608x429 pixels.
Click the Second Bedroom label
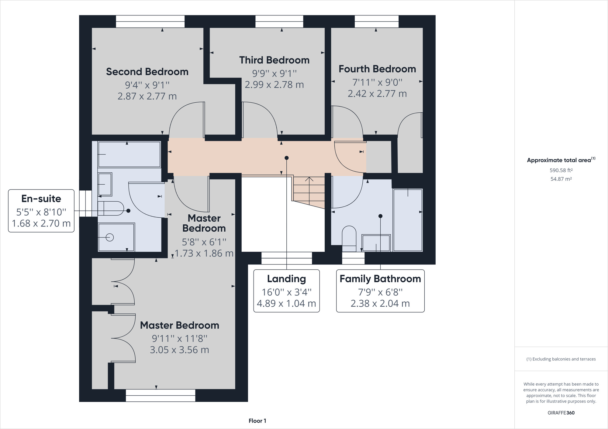147,72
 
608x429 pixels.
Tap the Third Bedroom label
274,60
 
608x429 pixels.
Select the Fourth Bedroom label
377,69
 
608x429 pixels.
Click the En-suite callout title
41,199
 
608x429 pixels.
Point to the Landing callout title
286,279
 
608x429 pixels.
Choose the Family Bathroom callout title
380,279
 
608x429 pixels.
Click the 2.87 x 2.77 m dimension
147,96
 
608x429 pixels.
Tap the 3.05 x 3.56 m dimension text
179,350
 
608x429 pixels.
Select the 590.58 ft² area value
561,170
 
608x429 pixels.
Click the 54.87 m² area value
561,179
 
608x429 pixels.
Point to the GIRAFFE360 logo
561,413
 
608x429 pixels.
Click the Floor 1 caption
257,421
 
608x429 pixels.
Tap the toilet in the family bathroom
349,239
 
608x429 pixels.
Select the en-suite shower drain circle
110,237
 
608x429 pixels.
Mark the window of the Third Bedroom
279,22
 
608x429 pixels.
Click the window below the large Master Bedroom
161,396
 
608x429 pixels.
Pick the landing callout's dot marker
286,158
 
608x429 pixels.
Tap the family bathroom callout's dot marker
380,216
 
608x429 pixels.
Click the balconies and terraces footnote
561,359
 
